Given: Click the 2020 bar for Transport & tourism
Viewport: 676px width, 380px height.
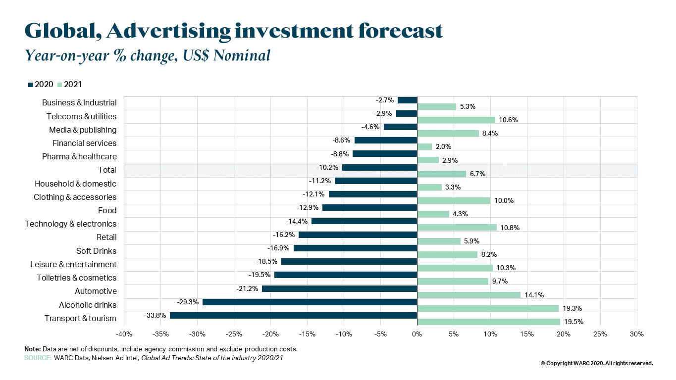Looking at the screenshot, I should (293, 315).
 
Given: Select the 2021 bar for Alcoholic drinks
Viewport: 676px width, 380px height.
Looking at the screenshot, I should (488, 308).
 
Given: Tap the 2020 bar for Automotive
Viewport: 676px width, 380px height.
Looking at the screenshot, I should (339, 288).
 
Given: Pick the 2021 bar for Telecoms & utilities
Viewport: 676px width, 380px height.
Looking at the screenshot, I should (456, 120).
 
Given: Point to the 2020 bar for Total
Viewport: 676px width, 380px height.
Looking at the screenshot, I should (380, 167).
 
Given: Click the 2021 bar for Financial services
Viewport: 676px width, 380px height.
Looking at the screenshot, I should (425, 147).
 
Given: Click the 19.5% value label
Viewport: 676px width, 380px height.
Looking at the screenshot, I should (574, 322).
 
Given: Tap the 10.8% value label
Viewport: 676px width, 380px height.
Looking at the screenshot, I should (511, 228).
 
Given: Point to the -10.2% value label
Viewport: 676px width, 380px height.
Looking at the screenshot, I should (327, 167).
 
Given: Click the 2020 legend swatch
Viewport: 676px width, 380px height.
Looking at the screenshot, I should (30, 85).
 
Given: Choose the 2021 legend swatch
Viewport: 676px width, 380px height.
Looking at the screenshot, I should (60, 85).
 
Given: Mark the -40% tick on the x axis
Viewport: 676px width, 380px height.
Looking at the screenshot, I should (124, 334).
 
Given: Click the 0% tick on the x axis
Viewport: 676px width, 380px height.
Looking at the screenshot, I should (417, 334).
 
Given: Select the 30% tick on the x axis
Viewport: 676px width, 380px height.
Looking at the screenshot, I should (637, 334).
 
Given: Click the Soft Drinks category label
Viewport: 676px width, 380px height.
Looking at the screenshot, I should (96, 251).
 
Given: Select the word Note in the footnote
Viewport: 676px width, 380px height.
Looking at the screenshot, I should (32, 349).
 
